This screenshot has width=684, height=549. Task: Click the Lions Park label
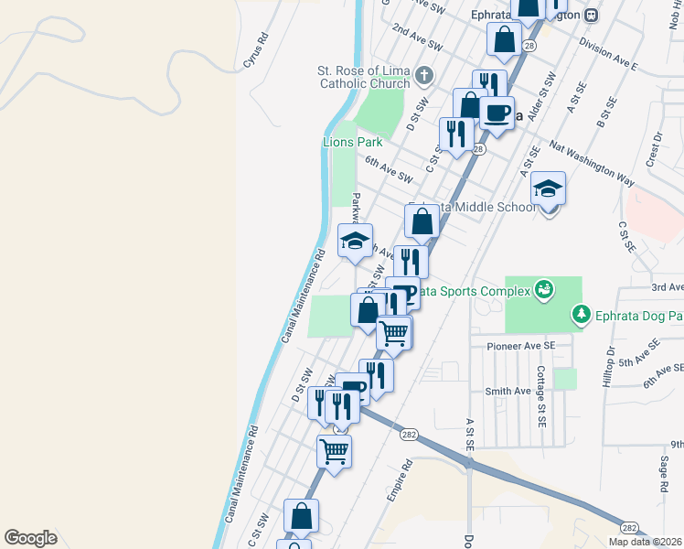(x=351, y=142)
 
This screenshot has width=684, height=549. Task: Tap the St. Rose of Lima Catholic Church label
(x=363, y=77)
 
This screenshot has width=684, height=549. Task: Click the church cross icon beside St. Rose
(x=422, y=74)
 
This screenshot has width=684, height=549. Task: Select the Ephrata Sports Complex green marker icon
(x=544, y=289)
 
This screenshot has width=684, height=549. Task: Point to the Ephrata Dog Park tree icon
(x=581, y=316)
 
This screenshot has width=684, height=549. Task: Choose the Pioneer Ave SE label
(x=521, y=347)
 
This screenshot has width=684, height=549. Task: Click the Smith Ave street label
(x=508, y=392)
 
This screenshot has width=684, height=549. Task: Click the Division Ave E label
(x=607, y=55)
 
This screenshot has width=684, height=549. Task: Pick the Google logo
(x=30, y=538)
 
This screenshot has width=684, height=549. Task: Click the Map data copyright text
(x=646, y=542)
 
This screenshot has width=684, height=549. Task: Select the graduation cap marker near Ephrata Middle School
(x=548, y=189)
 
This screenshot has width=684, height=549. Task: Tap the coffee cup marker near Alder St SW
(x=497, y=113)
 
